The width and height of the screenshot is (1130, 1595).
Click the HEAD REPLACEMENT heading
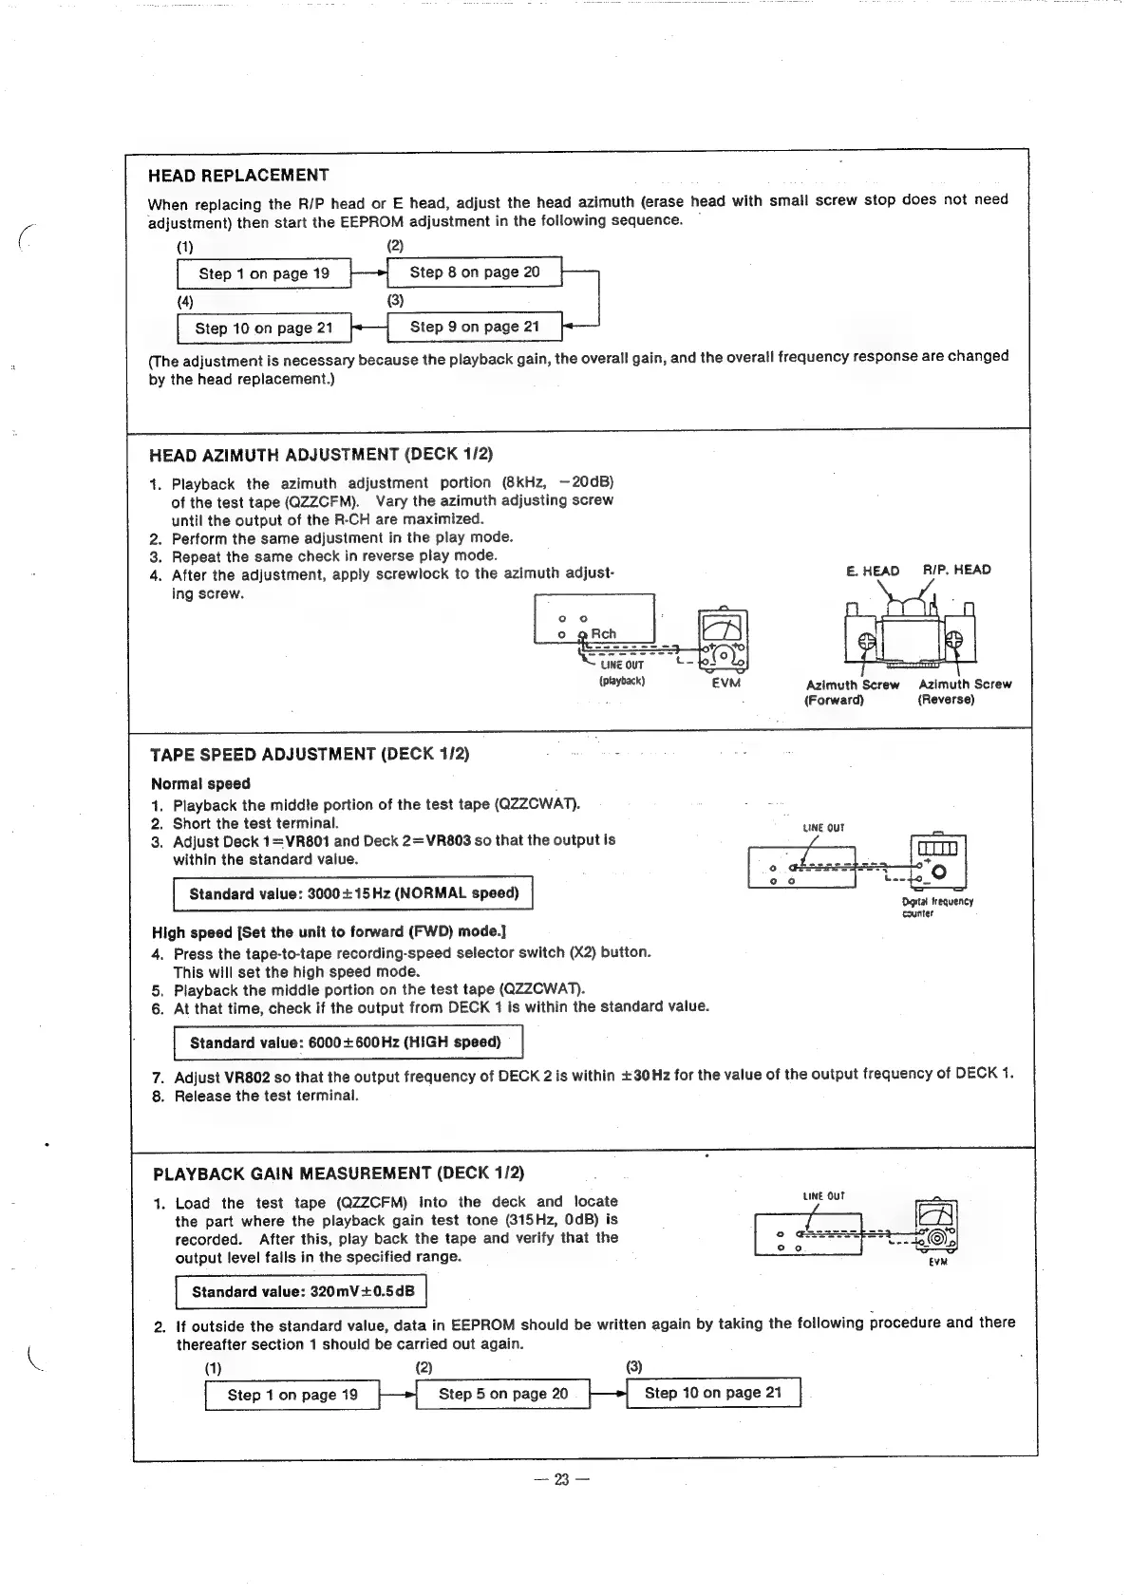[238, 176]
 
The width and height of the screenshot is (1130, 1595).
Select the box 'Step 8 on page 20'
[475, 272]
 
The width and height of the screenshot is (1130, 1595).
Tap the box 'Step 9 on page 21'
[475, 328]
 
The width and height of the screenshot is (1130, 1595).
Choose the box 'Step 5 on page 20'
[503, 1394]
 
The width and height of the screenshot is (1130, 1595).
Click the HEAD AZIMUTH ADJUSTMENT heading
[321, 455]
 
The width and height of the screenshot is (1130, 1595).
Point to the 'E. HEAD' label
[872, 571]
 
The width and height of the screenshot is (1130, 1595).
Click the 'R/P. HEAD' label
[956, 570]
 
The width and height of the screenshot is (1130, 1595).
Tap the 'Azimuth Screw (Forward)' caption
[852, 692]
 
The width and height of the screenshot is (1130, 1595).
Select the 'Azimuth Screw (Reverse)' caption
[964, 692]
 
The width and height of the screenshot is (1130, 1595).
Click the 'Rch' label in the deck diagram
[603, 634]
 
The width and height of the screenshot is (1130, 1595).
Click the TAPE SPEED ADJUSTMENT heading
[310, 756]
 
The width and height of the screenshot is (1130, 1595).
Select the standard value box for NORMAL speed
[353, 894]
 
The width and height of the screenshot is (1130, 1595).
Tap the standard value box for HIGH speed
[348, 1042]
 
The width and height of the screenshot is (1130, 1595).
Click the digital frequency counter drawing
[937, 860]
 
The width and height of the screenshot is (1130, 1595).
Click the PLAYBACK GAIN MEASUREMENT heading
[338, 1173]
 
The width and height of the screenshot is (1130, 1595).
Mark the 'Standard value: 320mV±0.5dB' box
[302, 1292]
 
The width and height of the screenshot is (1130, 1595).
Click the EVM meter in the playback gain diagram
[936, 1226]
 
